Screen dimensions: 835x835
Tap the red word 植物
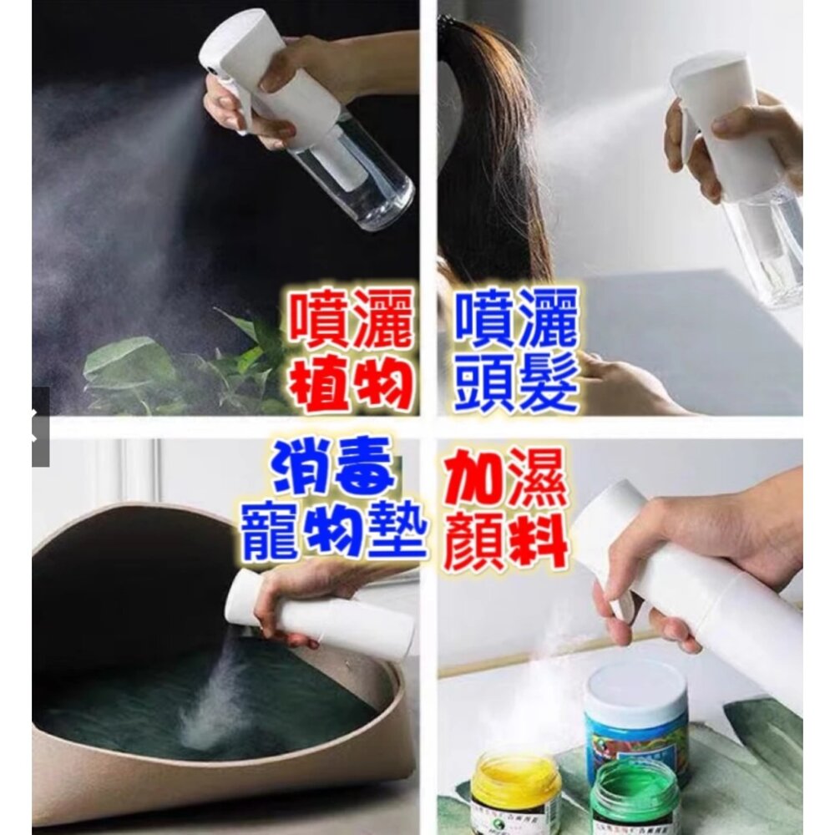(351, 383)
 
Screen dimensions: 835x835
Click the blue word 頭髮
(516, 382)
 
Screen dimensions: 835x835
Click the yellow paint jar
(515, 788)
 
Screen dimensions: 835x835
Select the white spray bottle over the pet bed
(320, 612)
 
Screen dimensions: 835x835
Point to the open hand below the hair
(629, 383)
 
